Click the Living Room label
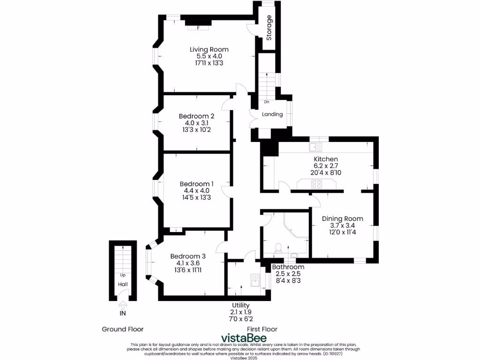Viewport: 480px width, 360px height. coord(209,49)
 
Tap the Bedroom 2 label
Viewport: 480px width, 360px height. coord(196,116)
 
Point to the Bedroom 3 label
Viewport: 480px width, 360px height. coord(188,256)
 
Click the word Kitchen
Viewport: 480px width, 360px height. coord(326,159)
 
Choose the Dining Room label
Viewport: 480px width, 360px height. coord(343,218)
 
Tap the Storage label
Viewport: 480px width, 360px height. coord(269,28)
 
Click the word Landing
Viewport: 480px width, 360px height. coord(272,114)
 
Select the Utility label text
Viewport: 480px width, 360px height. coord(241,305)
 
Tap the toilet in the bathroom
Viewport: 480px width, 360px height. coord(278,247)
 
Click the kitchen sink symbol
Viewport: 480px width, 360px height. coord(313,148)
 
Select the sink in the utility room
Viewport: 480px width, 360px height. coord(255,280)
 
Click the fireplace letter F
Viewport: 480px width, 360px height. coord(198,28)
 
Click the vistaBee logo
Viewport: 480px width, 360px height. coord(244,338)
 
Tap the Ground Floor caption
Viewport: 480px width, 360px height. coord(123,329)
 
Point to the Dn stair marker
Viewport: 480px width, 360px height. coord(267,102)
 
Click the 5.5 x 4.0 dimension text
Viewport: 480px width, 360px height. coord(209,56)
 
